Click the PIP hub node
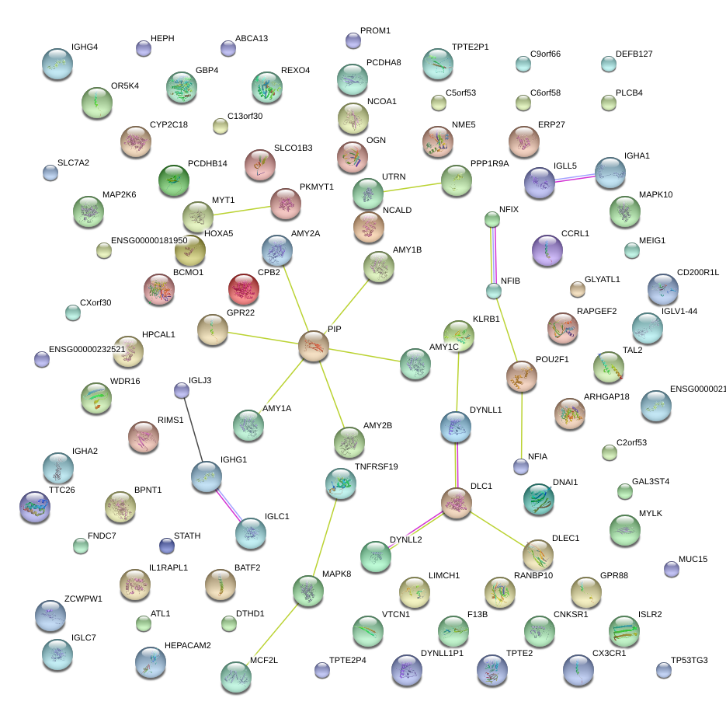tap(314, 346)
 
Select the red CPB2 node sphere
tap(245, 289)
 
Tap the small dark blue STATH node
tap(166, 545)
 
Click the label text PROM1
tap(376, 30)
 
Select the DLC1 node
tap(456, 503)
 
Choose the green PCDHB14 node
tap(174, 180)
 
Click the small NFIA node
tap(521, 466)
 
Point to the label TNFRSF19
tap(376, 466)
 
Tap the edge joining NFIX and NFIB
tap(492, 256)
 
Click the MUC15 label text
tap(693, 559)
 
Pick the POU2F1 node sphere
tap(521, 375)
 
